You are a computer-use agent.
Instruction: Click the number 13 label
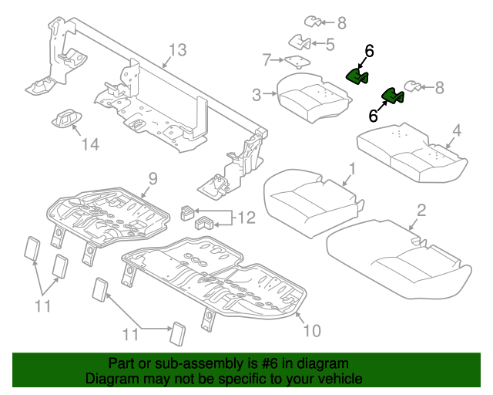point(177,51)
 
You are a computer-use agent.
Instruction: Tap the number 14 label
point(91,144)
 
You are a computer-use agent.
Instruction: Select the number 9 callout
point(152,178)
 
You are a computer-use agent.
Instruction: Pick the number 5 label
point(329,44)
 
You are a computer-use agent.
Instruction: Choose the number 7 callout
point(267,59)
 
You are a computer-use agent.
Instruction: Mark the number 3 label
point(257,95)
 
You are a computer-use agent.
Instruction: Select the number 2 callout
point(421,210)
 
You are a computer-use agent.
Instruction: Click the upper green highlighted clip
point(357,75)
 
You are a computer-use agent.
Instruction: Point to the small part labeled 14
point(66,118)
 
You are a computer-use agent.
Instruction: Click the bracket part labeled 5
point(300,42)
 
